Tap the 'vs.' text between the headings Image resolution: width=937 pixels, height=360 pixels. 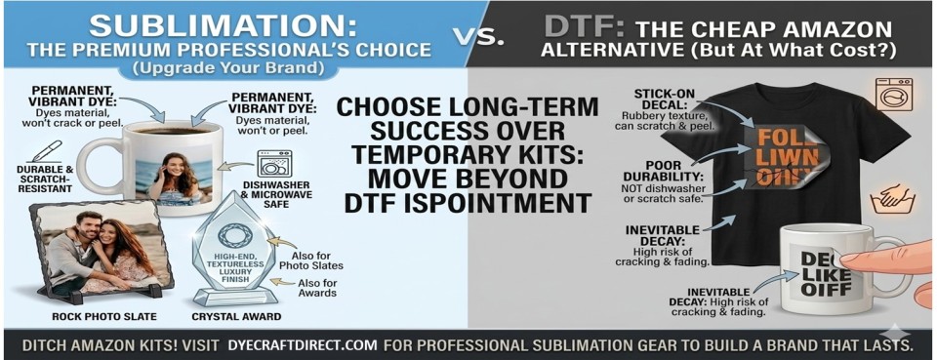[x=479, y=37]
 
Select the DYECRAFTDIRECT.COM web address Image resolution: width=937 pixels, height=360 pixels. [x=302, y=344]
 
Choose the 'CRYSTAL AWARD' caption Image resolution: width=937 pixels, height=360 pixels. [x=237, y=316]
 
